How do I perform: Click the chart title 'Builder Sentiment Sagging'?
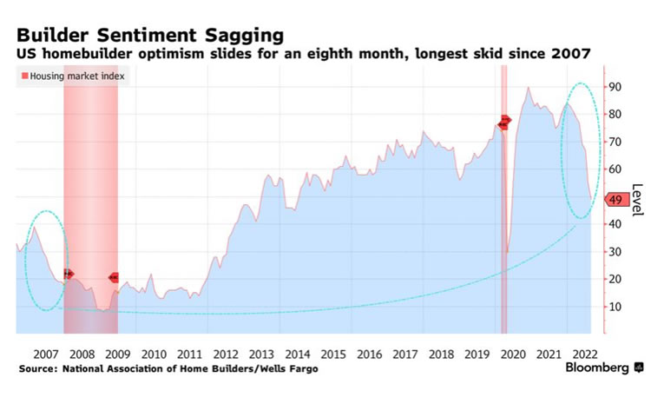click(149, 36)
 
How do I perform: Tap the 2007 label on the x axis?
click(45, 354)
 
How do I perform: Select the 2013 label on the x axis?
click(261, 354)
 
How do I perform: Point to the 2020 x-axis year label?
click(512, 354)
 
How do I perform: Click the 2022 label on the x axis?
click(584, 354)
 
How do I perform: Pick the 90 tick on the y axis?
click(614, 87)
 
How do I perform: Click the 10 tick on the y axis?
click(614, 306)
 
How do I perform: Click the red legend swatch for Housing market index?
click(23, 76)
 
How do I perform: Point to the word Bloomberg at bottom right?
click(597, 368)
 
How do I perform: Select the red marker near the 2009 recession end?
click(114, 277)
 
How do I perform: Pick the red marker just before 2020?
click(505, 122)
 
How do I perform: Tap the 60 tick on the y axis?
click(614, 169)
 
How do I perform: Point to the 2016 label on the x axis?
click(369, 354)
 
